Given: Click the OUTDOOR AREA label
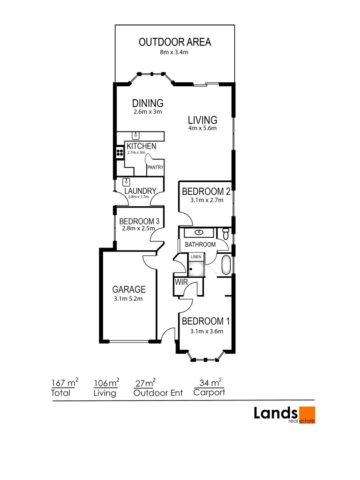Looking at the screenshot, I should point(175,42).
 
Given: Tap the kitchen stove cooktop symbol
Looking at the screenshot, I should point(119,153).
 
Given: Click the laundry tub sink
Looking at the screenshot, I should point(126,182).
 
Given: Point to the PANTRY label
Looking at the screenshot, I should point(156,168).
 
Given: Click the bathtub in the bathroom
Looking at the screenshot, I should point(226,265).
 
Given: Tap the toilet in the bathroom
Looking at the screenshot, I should point(226,233).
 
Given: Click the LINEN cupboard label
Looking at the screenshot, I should point(196,257).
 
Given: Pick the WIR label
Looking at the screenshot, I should point(181,282).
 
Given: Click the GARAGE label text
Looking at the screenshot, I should point(128,289).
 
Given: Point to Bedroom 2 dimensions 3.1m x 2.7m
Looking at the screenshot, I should point(206,200).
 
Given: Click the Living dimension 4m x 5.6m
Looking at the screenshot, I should point(202,128).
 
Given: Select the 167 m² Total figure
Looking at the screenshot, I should point(65,383).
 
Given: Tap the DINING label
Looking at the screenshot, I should point(148,103).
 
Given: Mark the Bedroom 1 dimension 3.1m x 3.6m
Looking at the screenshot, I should point(206,331).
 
